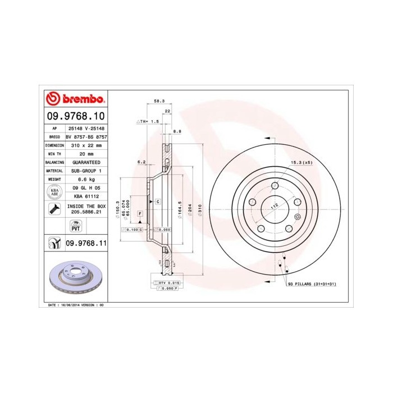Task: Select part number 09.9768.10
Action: point(75,117)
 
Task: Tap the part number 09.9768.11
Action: point(86,243)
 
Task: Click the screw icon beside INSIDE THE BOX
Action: point(53,210)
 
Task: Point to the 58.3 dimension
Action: point(159,102)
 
